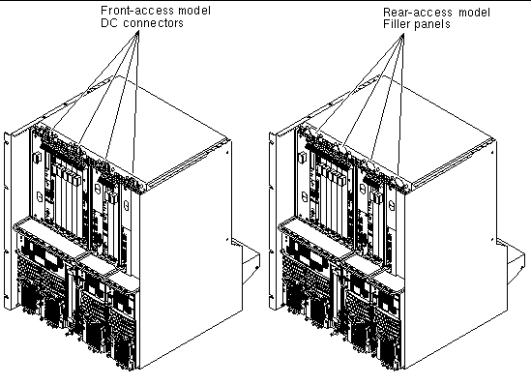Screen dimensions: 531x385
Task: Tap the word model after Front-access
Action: tap(194, 11)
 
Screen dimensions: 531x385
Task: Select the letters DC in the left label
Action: tap(108, 23)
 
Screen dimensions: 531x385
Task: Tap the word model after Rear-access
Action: tap(474, 13)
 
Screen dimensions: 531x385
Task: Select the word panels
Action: tap(433, 24)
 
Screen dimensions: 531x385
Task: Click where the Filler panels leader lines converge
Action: tap(402, 34)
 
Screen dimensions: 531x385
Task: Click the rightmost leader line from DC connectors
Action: tap(135, 102)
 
